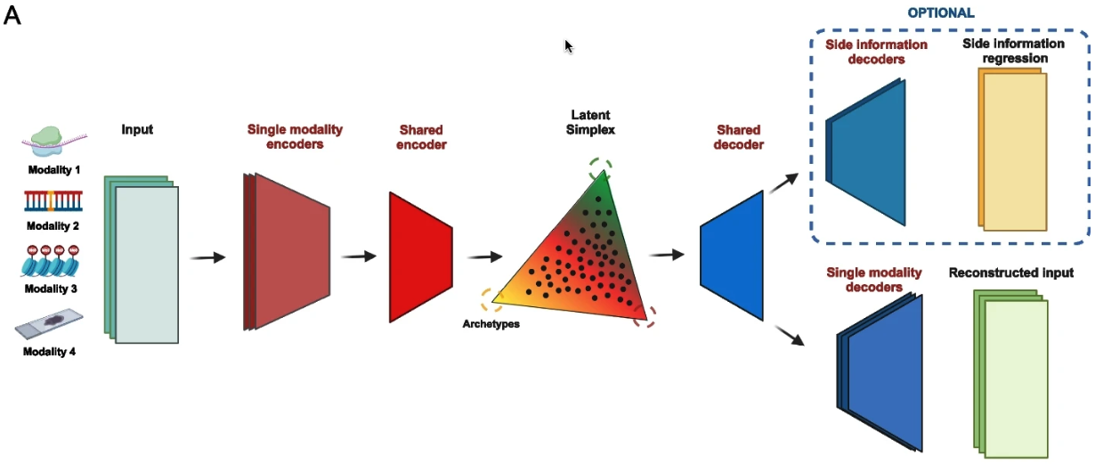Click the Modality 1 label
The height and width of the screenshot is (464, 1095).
[53, 169]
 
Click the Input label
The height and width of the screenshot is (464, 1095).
[137, 129]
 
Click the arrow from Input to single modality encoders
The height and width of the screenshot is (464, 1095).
[207, 257]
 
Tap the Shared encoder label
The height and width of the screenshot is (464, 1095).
[422, 137]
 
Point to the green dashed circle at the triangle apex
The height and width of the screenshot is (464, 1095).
[600, 167]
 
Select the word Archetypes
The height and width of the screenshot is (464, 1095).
[491, 323]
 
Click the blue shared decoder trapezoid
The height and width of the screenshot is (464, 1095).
[732, 256]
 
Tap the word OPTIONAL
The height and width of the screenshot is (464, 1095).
[940, 12]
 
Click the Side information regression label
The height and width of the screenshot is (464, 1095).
[1013, 51]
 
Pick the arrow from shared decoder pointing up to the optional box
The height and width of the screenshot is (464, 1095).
[783, 183]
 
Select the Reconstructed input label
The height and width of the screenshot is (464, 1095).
[1010, 273]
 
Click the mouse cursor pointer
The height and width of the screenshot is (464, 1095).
[569, 46]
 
